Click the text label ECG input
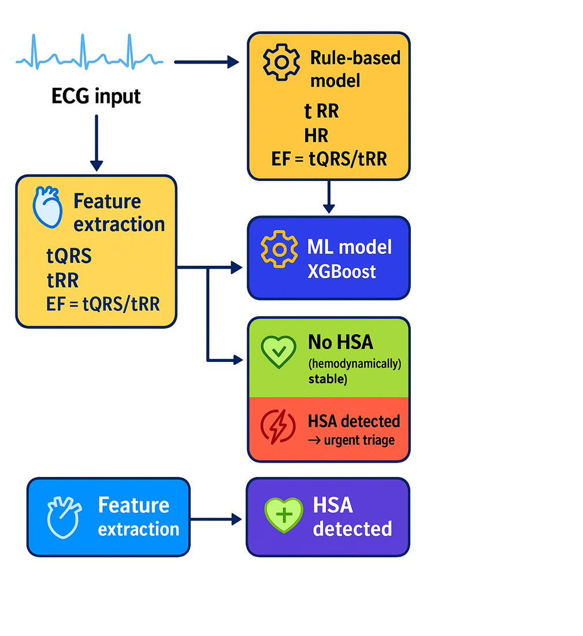[96, 96]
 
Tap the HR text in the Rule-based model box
[316, 135]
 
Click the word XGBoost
[341, 271]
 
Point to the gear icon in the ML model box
[280, 249]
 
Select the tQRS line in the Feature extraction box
[69, 256]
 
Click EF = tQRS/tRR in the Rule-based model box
[329, 159]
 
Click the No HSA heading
[340, 342]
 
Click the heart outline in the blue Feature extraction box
[64, 517]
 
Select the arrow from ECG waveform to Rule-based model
[206, 62]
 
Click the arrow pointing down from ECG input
[96, 142]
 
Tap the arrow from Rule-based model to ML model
[329, 197]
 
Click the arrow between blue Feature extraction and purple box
[216, 519]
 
